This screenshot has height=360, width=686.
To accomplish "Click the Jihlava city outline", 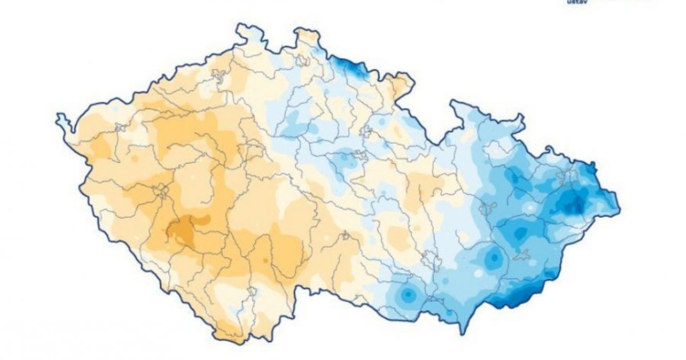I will pyautogui.click(x=345, y=235).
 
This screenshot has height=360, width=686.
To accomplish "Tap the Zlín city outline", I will pyautogui.click(x=521, y=255).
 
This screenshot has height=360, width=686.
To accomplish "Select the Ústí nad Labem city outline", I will pyautogui.click(x=218, y=74).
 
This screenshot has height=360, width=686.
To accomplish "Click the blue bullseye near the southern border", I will pyautogui.click(x=408, y=295).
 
